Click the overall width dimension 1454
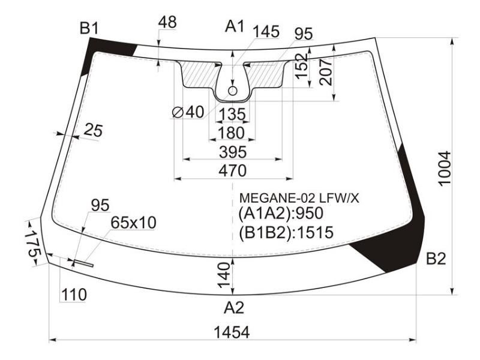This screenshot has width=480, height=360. [232, 332]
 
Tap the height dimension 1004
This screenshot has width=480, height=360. [445, 169]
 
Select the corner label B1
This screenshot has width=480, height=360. [89, 28]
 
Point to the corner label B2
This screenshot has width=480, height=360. [436, 259]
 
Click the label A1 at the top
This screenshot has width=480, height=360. [235, 26]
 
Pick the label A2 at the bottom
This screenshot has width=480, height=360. [234, 308]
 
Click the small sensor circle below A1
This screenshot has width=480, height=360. [233, 91]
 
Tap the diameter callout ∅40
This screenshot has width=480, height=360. [188, 112]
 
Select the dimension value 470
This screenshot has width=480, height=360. [233, 171]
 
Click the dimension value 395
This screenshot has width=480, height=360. [233, 152]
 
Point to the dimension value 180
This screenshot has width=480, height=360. [231, 133]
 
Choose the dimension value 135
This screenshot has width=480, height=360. [233, 115]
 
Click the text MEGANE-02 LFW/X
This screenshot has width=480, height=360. [299, 199]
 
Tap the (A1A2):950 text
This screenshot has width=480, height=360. [281, 214]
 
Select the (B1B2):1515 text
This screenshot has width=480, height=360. [286, 232]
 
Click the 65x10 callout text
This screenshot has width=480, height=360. [133, 223]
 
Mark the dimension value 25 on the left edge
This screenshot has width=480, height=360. [93, 131]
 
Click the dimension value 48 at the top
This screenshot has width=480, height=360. [167, 22]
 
